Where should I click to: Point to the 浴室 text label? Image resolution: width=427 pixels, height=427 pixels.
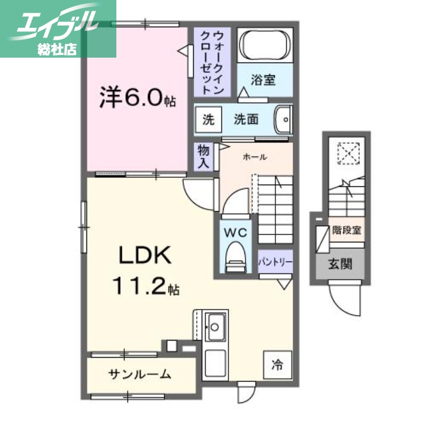(264, 81)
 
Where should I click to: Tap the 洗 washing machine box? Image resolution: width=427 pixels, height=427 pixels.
(207, 120)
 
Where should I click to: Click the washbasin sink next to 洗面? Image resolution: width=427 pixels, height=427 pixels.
(283, 119)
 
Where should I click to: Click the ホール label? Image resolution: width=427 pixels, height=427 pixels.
(255, 157)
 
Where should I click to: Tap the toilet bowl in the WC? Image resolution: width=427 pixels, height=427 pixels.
(235, 257)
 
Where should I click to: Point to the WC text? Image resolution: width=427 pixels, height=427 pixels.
(235, 233)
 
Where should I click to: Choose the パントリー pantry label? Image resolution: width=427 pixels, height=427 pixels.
(275, 263)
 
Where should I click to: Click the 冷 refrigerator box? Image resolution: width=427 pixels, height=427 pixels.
(277, 365)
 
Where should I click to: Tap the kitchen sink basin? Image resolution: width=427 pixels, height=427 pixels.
(216, 323)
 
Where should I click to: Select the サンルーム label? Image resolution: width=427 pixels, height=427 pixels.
(140, 374)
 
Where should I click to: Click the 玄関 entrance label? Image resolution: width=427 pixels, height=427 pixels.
(339, 264)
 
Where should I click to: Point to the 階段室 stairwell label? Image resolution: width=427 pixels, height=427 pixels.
(345, 231)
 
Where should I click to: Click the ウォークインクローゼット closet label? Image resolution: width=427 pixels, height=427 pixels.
(211, 62)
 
